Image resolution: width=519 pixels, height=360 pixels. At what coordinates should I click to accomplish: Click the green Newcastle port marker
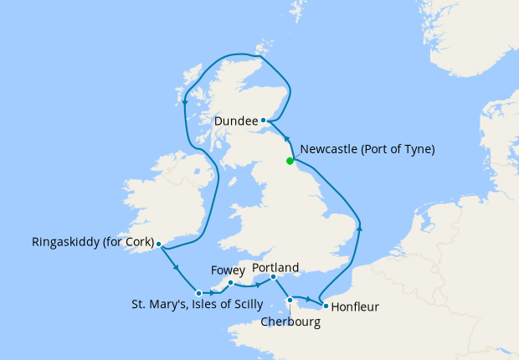pos(290,161)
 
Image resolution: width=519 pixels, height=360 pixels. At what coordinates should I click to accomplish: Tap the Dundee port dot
pos(264,121)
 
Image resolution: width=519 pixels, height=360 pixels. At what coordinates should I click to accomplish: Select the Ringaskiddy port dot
pos(158,245)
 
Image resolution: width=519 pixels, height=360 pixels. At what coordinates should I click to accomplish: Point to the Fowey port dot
pos(230,283)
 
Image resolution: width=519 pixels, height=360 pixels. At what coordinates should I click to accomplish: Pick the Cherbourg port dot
pos(290,300)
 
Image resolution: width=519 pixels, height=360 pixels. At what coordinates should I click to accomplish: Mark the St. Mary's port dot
pos(198,293)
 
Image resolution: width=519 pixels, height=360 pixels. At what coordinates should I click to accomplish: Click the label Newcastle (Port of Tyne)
pos(367,150)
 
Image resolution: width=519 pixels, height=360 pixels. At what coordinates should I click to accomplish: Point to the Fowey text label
pos(228,270)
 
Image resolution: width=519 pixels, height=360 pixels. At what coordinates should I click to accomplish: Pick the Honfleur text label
pos(355,307)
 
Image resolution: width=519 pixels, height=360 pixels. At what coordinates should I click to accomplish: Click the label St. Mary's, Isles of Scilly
pos(198,304)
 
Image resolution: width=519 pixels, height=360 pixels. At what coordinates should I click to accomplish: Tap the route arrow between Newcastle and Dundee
pos(285,140)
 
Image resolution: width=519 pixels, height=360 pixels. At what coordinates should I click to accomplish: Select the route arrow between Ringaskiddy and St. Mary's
pos(177,269)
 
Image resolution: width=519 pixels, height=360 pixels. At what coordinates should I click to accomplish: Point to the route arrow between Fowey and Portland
pos(254,285)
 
